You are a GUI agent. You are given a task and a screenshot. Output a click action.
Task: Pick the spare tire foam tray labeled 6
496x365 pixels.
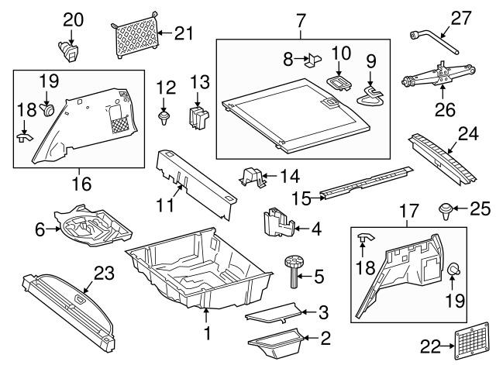[91, 227]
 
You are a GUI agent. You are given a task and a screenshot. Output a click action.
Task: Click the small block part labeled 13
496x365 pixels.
[200, 116]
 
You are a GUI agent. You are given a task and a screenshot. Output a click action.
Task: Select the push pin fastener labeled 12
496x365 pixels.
[164, 118]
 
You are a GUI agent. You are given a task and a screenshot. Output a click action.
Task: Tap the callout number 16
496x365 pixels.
[81, 184]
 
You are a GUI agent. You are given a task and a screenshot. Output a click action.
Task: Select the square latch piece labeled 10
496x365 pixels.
[337, 82]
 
